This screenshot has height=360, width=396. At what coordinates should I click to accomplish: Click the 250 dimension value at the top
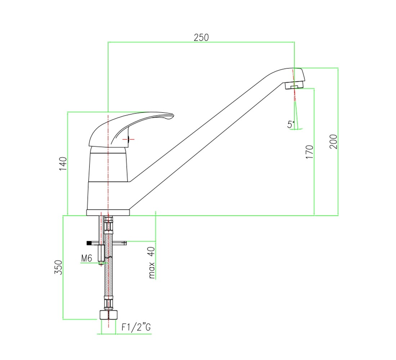click(x=201, y=37)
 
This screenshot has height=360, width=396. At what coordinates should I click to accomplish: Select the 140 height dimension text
click(x=63, y=164)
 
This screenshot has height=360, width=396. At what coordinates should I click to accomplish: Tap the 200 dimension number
click(x=333, y=142)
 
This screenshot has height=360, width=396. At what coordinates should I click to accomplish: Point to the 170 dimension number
click(x=309, y=152)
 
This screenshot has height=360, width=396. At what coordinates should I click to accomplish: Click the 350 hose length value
click(x=58, y=267)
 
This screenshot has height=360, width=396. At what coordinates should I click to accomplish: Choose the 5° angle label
click(x=291, y=124)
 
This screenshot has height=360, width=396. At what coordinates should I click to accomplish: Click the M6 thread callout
click(x=87, y=258)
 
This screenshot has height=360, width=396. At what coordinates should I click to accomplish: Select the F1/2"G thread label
click(x=136, y=327)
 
